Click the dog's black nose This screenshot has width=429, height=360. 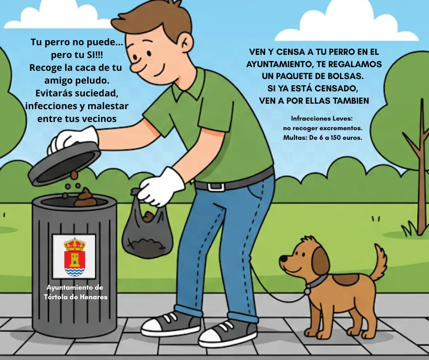[283, 258]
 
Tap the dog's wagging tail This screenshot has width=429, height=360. [378, 263]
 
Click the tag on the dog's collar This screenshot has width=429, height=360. [308, 291]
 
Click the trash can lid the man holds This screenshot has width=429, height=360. [64, 164]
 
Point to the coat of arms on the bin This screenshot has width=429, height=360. [74, 256]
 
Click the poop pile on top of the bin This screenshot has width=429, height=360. [85, 198]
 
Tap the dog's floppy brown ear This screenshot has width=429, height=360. [320, 260]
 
